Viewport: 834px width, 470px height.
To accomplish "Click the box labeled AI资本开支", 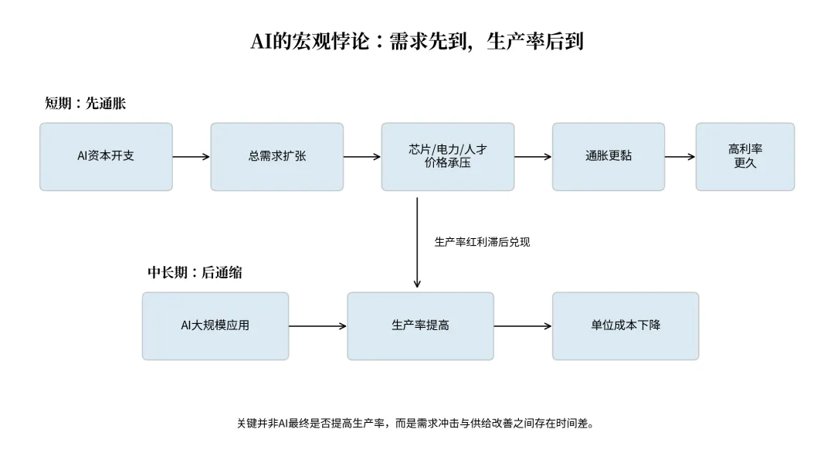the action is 106,156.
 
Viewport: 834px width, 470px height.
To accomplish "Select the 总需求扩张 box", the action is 276,156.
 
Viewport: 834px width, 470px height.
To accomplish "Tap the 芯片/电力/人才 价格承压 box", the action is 448,156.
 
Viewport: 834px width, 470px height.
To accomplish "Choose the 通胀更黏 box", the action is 609,156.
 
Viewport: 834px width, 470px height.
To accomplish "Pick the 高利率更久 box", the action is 745,156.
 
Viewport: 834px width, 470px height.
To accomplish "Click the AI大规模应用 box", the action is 215,325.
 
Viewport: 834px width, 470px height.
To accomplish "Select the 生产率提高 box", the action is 420,325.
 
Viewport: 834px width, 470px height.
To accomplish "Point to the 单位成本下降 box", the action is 625,325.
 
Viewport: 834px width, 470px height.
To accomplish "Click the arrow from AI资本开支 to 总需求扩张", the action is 192,156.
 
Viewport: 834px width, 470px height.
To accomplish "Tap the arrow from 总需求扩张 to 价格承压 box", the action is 362,156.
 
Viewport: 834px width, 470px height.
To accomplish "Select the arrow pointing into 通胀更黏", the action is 533,156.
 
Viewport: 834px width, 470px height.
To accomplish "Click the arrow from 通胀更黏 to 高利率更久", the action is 680,156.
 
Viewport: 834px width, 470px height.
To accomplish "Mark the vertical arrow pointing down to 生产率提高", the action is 417,243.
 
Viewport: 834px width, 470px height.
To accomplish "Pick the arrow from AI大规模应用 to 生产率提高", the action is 318,325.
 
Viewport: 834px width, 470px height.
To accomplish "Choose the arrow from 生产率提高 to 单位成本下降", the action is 523,325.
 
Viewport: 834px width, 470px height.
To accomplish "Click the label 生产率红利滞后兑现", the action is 482,242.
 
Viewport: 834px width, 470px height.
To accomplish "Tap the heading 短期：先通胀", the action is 85,104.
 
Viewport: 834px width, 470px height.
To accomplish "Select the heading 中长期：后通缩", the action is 195,273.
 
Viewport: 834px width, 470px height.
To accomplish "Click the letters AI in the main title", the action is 261,41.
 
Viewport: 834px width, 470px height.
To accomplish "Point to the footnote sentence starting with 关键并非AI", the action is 415,424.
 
